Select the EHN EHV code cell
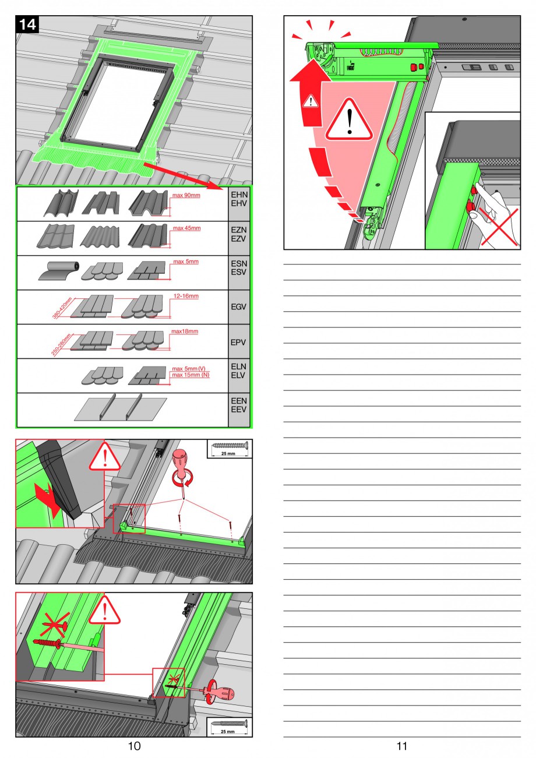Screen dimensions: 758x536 (239, 204)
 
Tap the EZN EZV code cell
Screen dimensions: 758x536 (239, 238)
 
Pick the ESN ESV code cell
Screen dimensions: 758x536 (239, 273)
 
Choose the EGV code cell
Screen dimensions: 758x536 (239, 307)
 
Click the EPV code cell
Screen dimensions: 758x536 (239, 341)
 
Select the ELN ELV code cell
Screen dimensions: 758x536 (239, 376)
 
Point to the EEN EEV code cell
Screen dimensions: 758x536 (239, 410)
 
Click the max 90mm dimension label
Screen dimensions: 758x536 (186, 195)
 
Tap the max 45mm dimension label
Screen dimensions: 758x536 (186, 228)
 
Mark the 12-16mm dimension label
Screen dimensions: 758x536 (186, 297)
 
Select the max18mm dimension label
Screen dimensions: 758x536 (185, 332)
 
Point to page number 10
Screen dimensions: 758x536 (134, 746)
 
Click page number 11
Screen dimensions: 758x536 (401, 746)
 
